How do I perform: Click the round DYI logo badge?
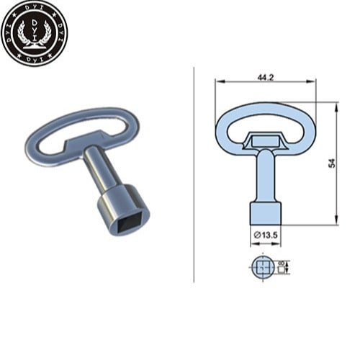coord(34,35)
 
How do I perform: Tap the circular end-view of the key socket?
coord(265,269)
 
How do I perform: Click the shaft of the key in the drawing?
coord(265,176)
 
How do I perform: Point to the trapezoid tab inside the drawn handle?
coord(264,139)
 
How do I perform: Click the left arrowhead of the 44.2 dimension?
coord(217,83)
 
